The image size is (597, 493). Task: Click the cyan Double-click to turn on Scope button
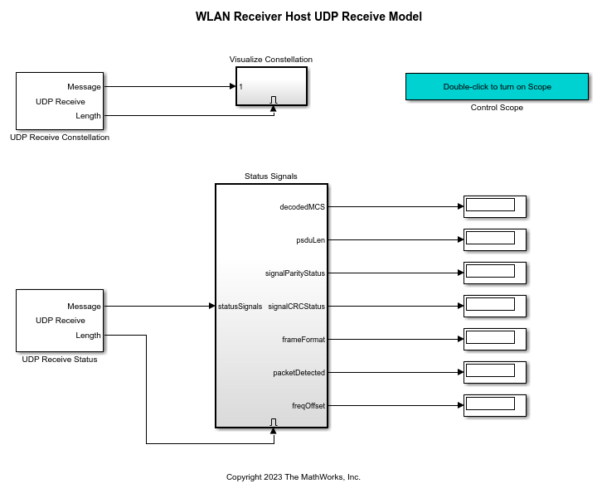(497, 86)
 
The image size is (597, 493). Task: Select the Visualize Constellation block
(271, 86)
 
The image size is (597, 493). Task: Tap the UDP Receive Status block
(60, 321)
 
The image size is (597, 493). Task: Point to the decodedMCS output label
(303, 207)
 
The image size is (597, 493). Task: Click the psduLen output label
(310, 240)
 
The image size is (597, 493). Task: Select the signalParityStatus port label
(295, 273)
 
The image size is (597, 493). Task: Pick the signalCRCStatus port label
(297, 307)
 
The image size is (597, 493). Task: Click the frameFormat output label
(303, 340)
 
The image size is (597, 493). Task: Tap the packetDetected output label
(299, 373)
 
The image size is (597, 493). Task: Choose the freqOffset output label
(308, 405)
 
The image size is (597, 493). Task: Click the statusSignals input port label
(240, 307)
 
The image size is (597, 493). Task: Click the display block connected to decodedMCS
(495, 206)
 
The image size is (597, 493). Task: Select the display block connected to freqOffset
(495, 405)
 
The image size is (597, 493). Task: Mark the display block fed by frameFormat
(495, 339)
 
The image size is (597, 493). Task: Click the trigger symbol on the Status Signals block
(274, 422)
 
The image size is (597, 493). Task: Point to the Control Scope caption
(497, 108)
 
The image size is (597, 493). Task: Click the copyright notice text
(294, 477)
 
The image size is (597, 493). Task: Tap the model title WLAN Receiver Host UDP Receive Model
(308, 17)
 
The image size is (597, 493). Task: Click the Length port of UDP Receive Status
(88, 336)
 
